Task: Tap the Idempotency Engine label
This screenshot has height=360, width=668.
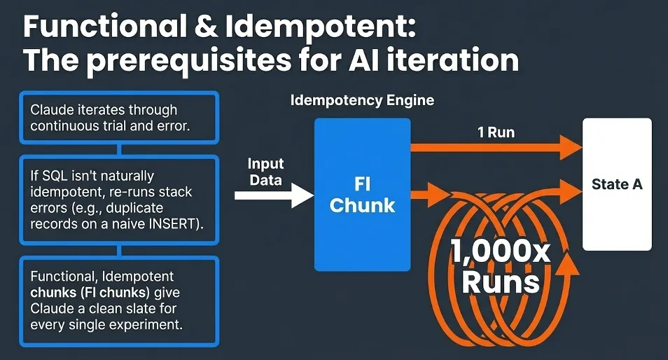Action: tap(362, 100)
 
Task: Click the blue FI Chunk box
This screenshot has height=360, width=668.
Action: tap(362, 195)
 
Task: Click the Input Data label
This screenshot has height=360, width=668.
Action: tap(265, 172)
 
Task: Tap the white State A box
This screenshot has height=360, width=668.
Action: tap(617, 184)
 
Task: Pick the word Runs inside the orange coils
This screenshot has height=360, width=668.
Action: tap(503, 281)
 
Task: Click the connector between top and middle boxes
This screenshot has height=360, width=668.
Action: tap(120, 148)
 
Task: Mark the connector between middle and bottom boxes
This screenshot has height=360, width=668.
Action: tap(120, 251)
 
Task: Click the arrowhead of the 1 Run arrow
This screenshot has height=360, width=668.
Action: tap(570, 147)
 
